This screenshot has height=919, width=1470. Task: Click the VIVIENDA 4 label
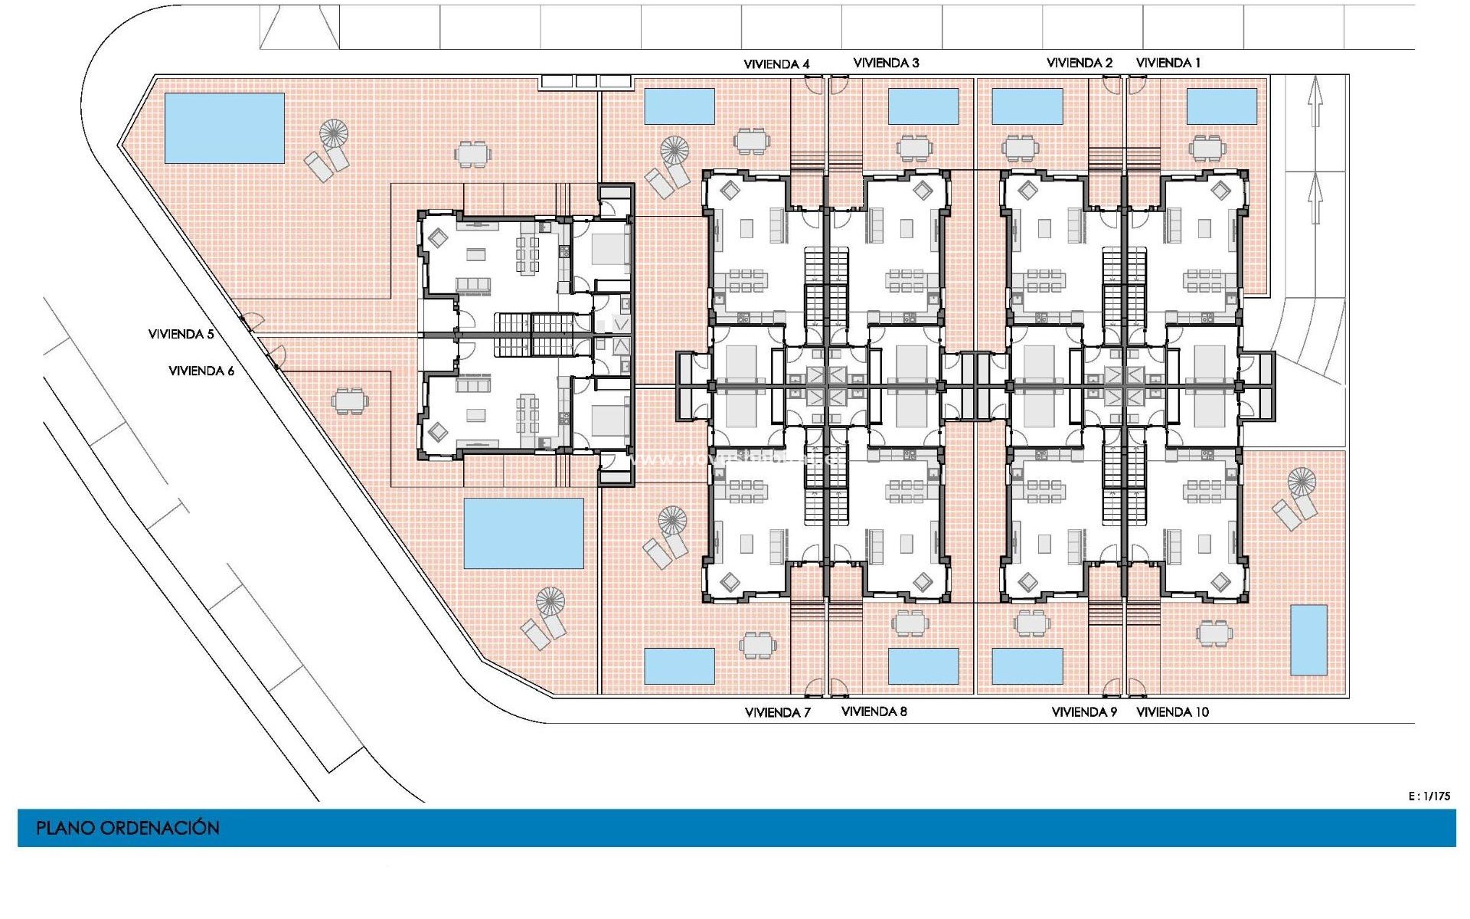(776, 64)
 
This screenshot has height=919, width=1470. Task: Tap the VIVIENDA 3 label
(886, 63)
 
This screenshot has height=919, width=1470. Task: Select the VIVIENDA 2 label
(1080, 63)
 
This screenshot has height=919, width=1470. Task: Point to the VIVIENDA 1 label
(1168, 63)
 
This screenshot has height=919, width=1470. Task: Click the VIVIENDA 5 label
(181, 334)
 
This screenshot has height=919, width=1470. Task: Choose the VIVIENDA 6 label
(201, 371)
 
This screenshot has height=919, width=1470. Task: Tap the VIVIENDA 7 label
(777, 712)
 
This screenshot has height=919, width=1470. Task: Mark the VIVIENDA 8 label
(874, 711)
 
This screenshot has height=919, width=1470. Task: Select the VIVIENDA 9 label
(1084, 711)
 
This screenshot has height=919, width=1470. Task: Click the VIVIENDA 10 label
(1172, 711)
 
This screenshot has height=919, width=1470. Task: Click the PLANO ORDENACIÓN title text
(128, 828)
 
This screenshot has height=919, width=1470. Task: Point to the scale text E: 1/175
(1429, 796)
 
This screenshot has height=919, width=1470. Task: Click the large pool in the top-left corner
(224, 128)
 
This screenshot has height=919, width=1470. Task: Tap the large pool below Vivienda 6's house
(524, 533)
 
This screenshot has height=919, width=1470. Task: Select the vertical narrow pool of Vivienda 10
(1308, 639)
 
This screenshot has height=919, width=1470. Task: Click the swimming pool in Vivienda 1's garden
(1221, 106)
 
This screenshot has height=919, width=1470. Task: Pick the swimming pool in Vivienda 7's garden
(679, 666)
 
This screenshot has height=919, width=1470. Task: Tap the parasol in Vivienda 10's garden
(1301, 482)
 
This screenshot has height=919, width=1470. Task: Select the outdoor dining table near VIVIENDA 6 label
(349, 401)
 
